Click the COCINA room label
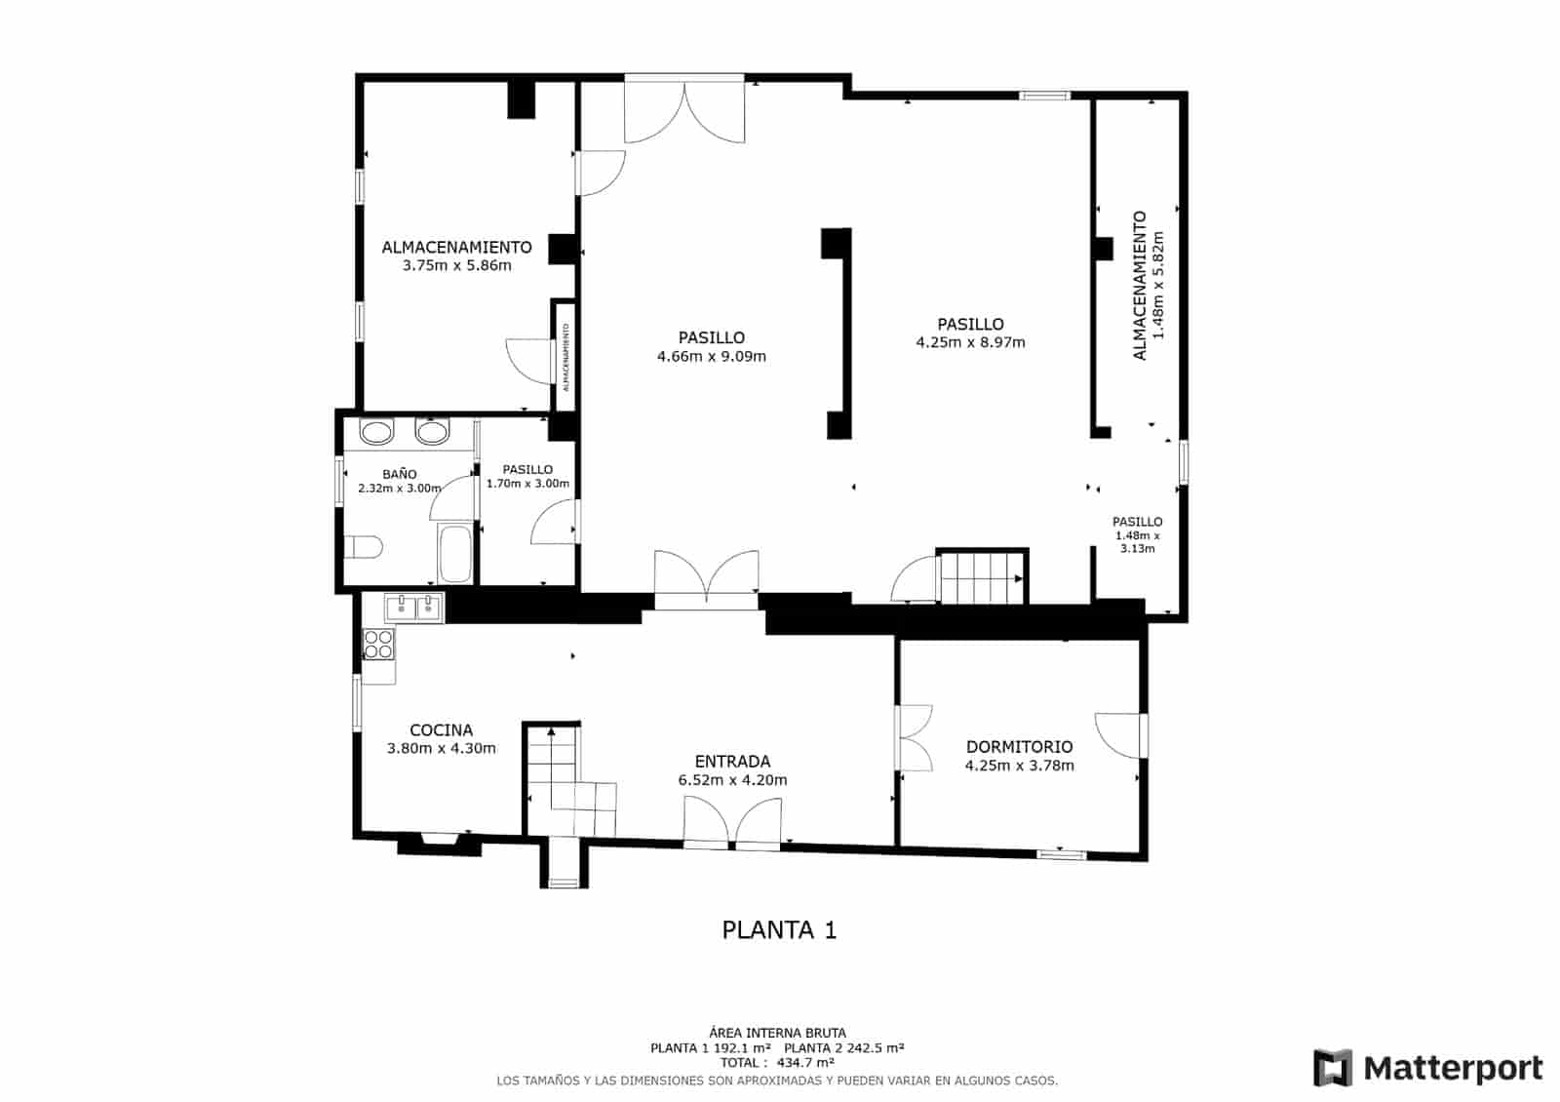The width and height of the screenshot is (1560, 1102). (441, 729)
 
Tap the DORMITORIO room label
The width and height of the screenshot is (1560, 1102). (1019, 747)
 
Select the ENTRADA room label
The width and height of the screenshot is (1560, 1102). (732, 762)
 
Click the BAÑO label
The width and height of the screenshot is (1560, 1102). (399, 474)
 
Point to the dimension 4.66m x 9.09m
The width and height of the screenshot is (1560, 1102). (712, 357)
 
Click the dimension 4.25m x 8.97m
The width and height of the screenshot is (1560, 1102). (970, 342)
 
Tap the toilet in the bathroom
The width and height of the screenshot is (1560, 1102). (362, 548)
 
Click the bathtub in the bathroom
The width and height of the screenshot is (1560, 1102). (455, 554)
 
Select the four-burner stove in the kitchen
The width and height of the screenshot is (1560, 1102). (378, 643)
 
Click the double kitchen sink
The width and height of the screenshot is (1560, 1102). (414, 608)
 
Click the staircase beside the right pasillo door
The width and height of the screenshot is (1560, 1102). (980, 578)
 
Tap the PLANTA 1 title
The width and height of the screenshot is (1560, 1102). (779, 930)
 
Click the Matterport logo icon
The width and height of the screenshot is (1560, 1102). (1332, 1068)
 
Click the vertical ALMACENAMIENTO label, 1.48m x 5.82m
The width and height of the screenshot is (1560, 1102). (1148, 286)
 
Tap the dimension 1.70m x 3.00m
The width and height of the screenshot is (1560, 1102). (527, 484)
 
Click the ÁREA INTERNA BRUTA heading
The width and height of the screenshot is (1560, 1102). (777, 1033)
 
